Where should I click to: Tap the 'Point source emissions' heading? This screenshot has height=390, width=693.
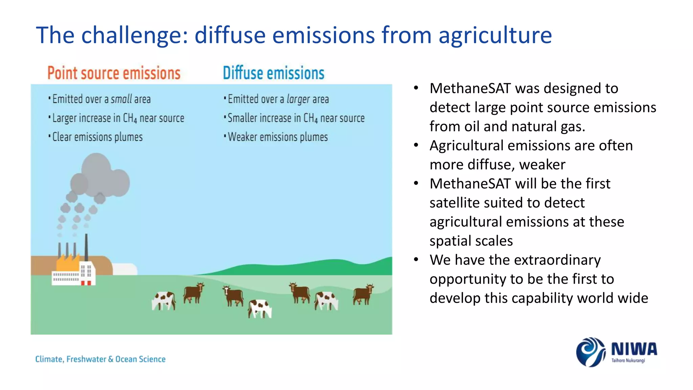pos(114,73)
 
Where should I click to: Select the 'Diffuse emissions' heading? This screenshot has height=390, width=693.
pos(273,73)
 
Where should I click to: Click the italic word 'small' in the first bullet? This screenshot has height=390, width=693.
pos(121,99)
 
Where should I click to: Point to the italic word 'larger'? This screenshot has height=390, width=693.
pos(298,99)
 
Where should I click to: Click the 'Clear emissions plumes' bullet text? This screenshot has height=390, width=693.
pos(97,137)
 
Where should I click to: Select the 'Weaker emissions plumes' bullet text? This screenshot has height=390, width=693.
pos(278,137)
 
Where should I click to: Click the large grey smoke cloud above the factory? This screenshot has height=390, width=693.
pos(100,176)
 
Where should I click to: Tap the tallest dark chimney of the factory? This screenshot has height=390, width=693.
pos(86,247)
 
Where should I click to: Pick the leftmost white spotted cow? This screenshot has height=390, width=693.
pos(164,301)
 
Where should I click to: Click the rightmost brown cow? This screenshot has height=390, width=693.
pos(363,294)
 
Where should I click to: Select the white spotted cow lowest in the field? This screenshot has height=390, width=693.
pos(260,308)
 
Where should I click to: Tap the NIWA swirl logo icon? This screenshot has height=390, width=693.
pos(590,352)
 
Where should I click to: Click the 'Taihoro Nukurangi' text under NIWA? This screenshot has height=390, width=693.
pos(628,361)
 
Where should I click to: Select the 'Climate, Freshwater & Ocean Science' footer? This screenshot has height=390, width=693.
pos(100,359)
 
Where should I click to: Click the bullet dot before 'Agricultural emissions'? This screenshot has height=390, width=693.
pos(416,146)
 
